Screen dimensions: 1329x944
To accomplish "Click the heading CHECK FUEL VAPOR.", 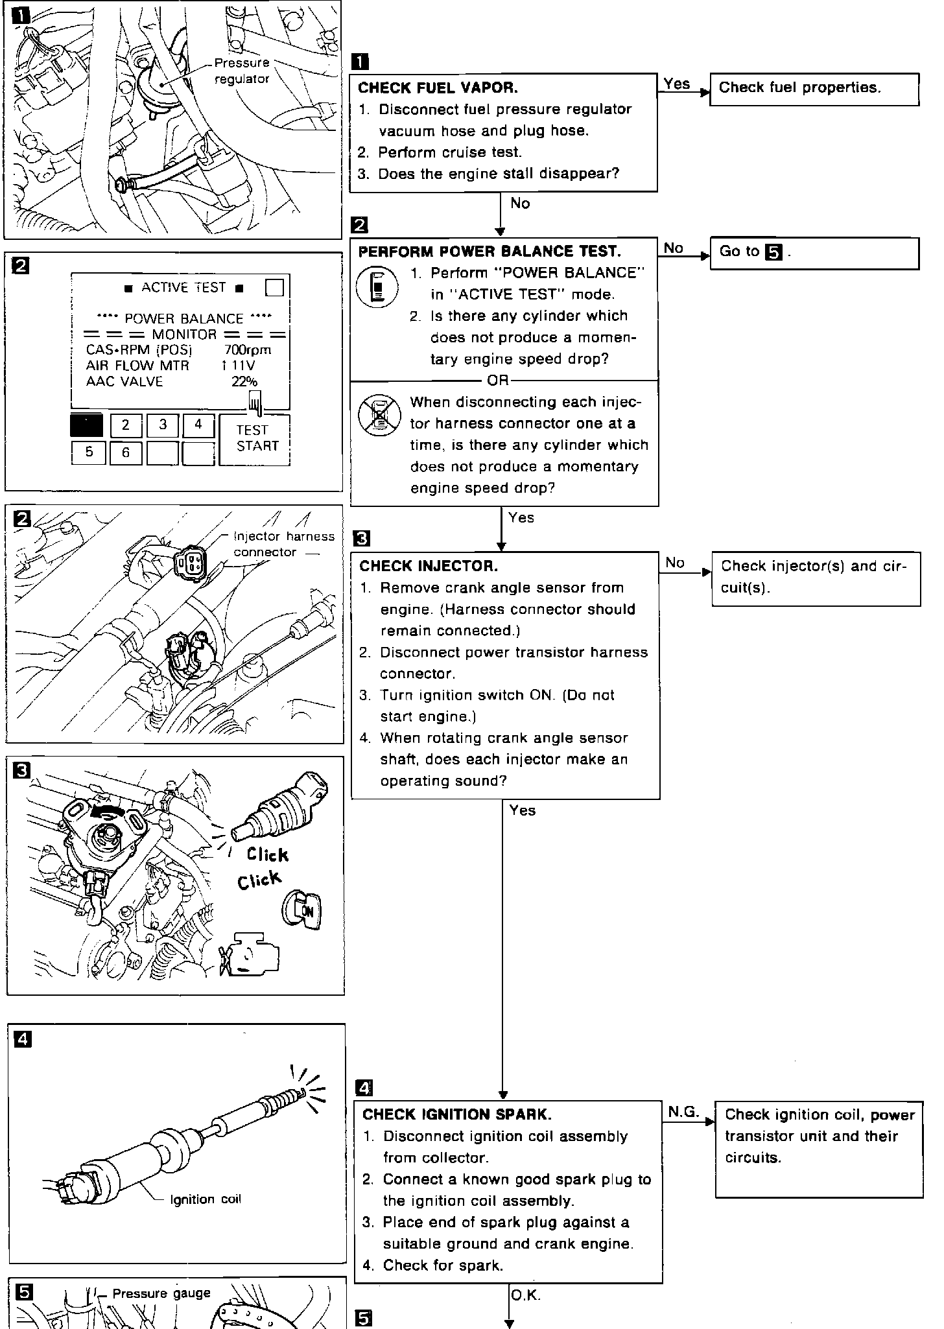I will pyautogui.click(x=438, y=88).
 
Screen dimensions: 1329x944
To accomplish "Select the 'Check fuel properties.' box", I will pyautogui.click(x=814, y=89).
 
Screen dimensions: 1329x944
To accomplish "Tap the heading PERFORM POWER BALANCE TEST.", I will pyautogui.click(x=490, y=252).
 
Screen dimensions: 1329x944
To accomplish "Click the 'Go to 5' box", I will pyautogui.click(x=814, y=253).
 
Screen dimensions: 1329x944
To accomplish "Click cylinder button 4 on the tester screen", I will pyautogui.click(x=198, y=425).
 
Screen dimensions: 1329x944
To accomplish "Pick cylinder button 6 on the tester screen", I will pyautogui.click(x=126, y=453).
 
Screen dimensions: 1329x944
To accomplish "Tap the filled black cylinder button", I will pyautogui.click(x=86, y=425).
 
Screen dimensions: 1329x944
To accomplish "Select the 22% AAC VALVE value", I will pyautogui.click(x=244, y=382).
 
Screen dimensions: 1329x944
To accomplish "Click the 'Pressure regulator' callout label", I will pyautogui.click(x=242, y=71).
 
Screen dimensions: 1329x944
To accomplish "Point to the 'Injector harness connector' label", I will pyautogui.click(x=283, y=544).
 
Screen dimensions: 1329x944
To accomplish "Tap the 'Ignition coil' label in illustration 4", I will pyautogui.click(x=205, y=1199).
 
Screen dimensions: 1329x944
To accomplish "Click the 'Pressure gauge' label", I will pyautogui.click(x=161, y=1293).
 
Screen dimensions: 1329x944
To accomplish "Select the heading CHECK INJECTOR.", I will pyautogui.click(x=429, y=566).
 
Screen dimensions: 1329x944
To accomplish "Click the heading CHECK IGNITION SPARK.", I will pyautogui.click(x=457, y=1114).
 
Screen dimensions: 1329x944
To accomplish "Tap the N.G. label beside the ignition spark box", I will pyautogui.click(x=683, y=1112).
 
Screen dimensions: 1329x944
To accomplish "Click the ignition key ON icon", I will pyautogui.click(x=301, y=908).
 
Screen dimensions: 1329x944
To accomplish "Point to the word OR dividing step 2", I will pyautogui.click(x=498, y=381).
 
